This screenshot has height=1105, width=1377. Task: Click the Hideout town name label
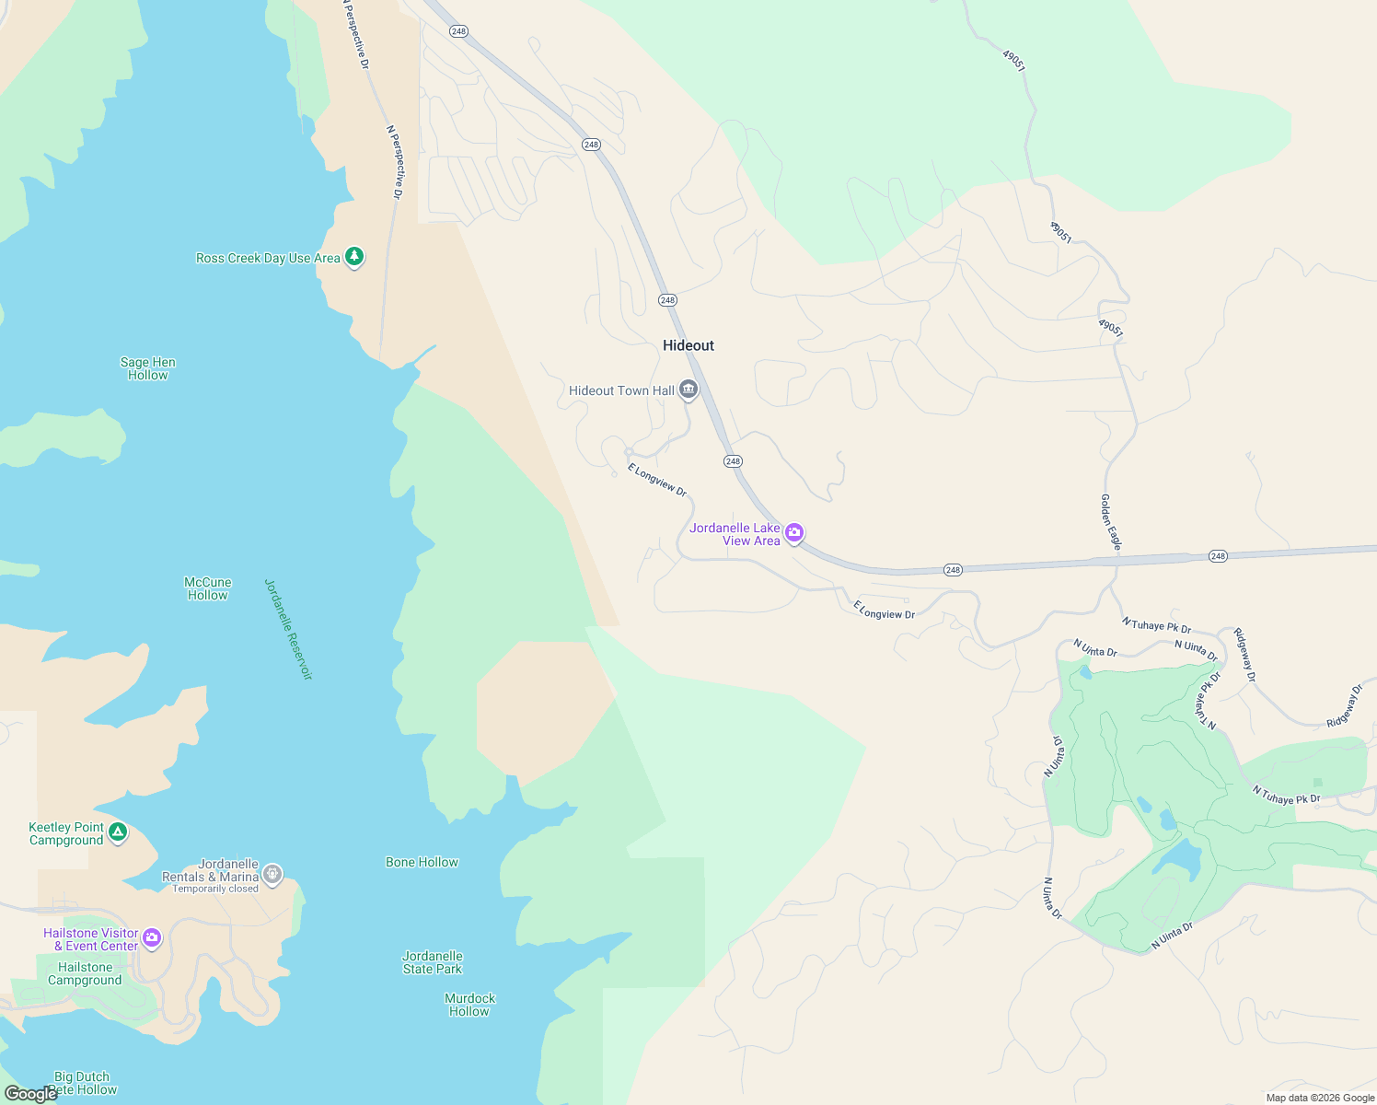[x=688, y=345]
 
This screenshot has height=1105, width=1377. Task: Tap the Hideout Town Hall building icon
[x=688, y=390]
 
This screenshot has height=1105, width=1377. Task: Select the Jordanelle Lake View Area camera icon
[x=794, y=533]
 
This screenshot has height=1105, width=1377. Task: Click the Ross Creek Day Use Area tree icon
[x=354, y=257]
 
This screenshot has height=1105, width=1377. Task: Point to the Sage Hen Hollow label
[x=148, y=368]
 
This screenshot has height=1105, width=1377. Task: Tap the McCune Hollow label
[x=208, y=588]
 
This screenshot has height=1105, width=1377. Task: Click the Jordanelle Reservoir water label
[x=289, y=630]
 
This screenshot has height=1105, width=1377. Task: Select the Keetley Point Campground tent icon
[x=117, y=832]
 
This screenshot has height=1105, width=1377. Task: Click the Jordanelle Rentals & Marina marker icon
[x=272, y=873]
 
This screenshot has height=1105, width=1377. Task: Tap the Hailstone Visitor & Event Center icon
[x=152, y=938]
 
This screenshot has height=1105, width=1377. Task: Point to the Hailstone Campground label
[x=85, y=973]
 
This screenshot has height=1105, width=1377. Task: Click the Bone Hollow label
[x=422, y=862]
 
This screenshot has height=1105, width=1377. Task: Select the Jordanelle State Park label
[x=433, y=962]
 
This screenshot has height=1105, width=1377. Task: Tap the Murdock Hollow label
[x=469, y=1005]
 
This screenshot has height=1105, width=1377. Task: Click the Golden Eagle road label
[x=1111, y=521]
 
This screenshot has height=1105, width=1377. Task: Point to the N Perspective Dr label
[x=394, y=162]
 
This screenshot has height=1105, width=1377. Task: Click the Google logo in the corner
[x=31, y=1094]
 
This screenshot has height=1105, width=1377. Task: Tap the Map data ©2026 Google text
[x=1320, y=1098]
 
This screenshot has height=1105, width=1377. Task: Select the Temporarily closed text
[x=215, y=889]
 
